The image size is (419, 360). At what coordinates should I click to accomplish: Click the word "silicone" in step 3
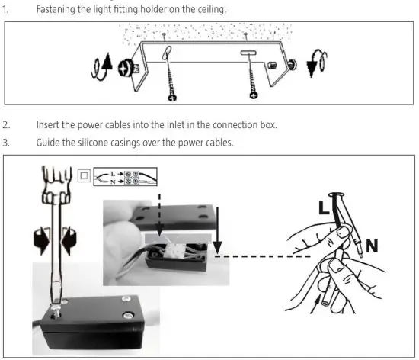coord(86,143)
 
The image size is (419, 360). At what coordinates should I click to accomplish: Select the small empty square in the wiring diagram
coord(83,177)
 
